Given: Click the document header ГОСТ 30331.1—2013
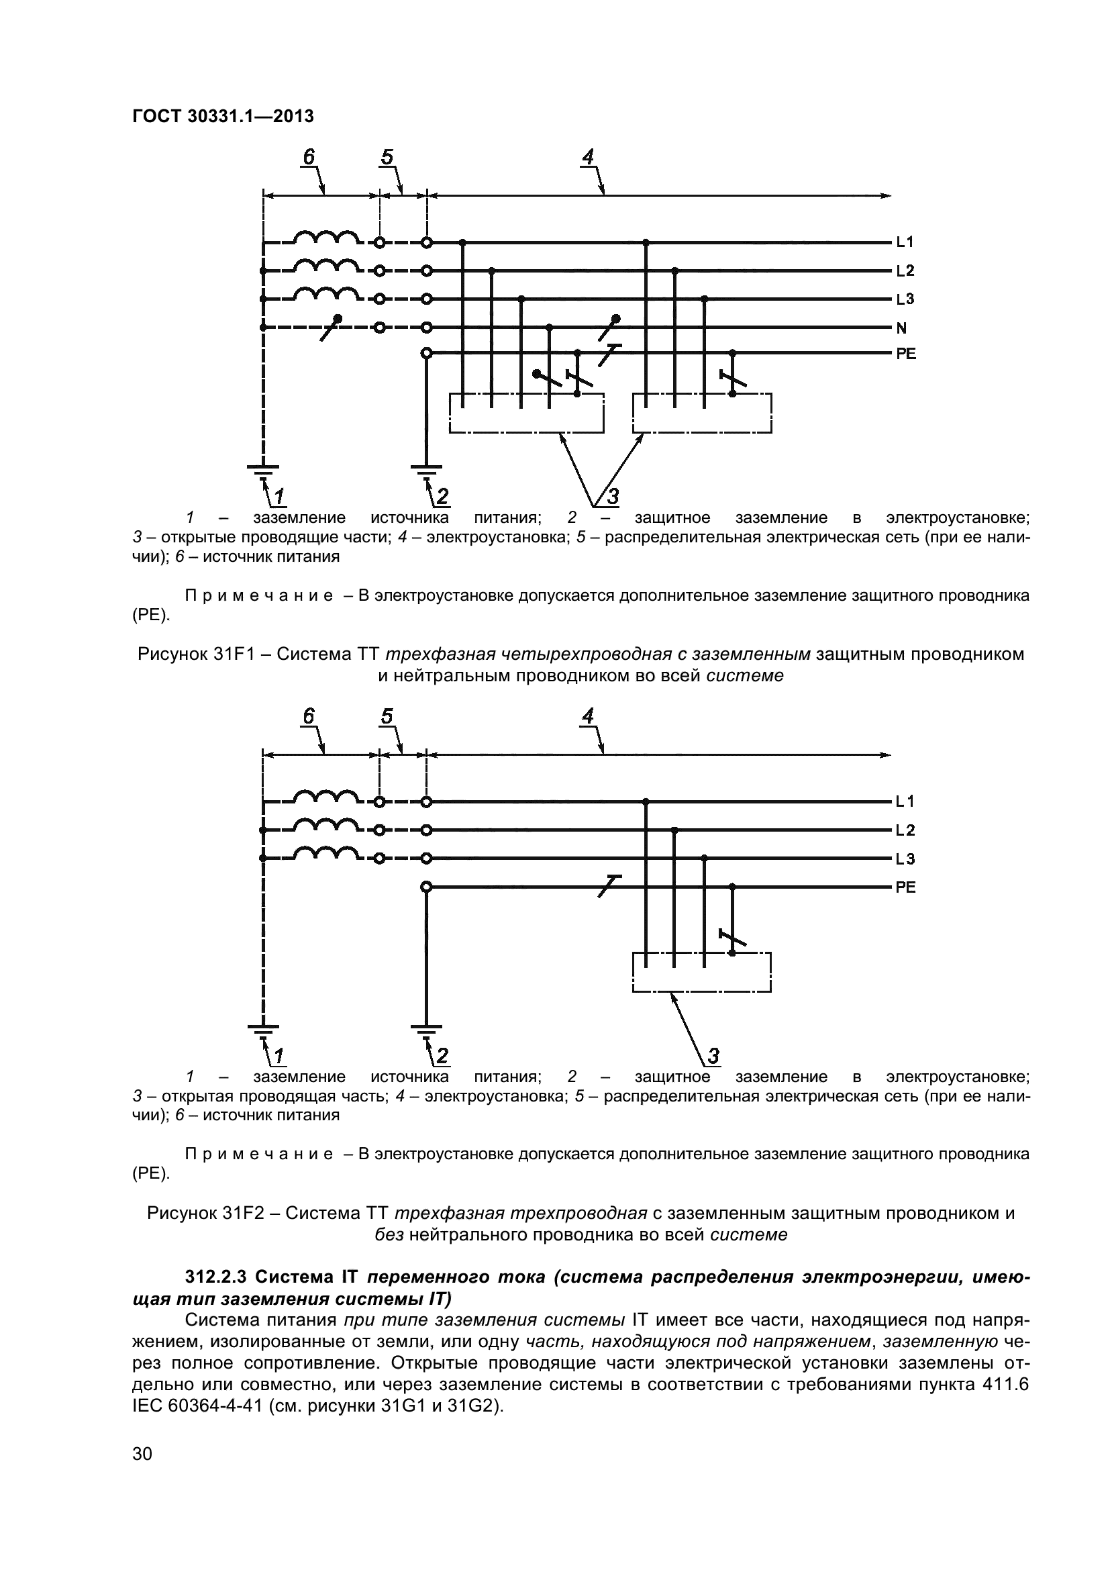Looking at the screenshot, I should click(223, 117).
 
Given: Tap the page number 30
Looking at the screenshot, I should click(142, 1472).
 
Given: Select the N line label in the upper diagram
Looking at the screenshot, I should click(901, 328).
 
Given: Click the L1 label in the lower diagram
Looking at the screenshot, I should click(905, 801).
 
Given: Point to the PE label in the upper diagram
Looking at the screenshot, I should click(905, 354).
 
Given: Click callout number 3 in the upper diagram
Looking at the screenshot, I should click(613, 497).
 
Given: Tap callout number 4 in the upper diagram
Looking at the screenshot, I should click(588, 156).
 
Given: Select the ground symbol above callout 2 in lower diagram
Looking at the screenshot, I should click(426, 1028).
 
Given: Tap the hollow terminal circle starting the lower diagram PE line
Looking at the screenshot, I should click(426, 887).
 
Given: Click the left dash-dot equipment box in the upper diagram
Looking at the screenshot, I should click(526, 413).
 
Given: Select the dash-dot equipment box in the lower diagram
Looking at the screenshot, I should click(701, 972).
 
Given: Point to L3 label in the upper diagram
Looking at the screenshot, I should click(905, 299).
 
